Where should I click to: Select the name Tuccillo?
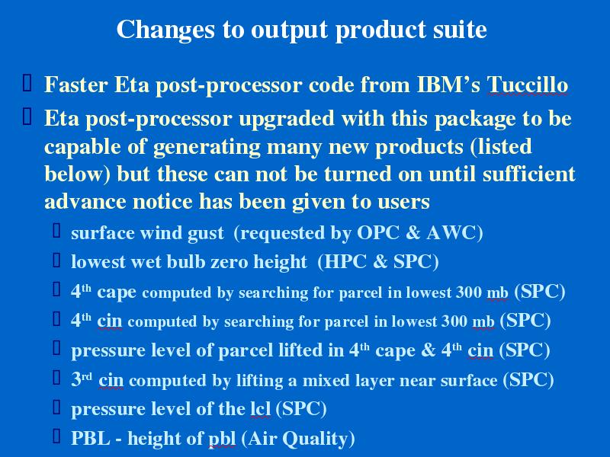527,85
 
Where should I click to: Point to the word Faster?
75,85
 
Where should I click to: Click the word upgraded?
287,119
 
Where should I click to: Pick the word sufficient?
528,173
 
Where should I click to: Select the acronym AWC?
454,233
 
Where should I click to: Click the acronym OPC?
377,233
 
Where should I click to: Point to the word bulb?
185,261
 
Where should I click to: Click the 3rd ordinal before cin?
82,379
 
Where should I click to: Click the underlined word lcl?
260,409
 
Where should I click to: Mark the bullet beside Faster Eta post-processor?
27,83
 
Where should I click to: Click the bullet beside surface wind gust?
56,231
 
